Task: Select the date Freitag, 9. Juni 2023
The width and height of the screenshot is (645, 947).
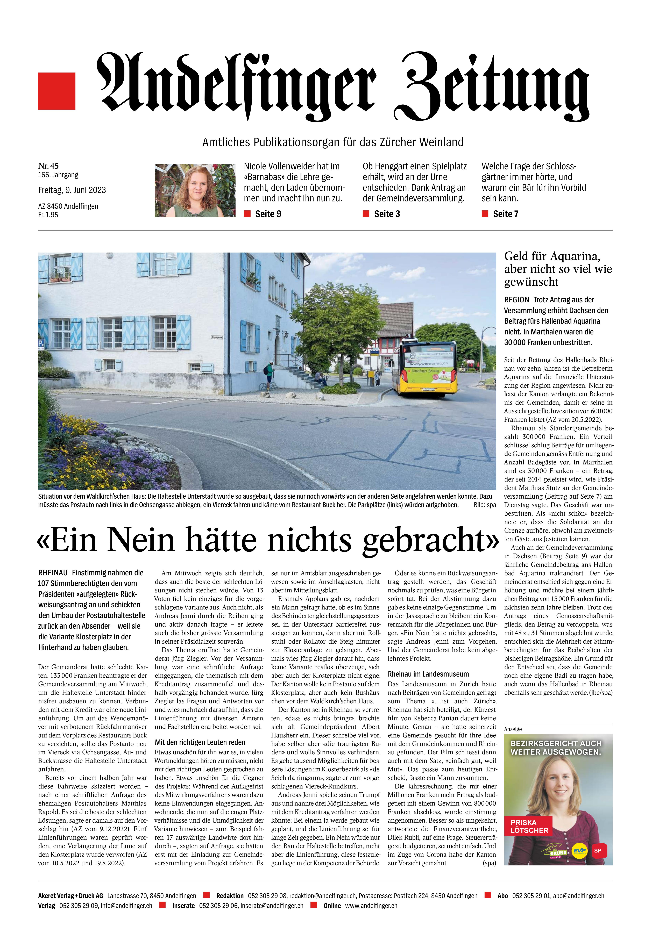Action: coord(72,190)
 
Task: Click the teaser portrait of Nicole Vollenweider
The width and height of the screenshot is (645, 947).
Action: coord(195,190)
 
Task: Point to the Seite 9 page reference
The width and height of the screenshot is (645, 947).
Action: coord(268,214)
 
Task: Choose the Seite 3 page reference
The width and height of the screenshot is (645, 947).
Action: coord(387,214)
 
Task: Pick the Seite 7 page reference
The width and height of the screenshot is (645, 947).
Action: coord(506,214)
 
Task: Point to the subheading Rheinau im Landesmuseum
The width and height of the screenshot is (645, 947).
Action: coord(428,674)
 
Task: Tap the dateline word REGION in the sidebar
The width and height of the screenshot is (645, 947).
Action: coord(517,299)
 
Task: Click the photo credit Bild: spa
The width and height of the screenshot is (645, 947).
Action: coord(485,505)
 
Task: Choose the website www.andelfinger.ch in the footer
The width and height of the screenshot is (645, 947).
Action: coord(371,905)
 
